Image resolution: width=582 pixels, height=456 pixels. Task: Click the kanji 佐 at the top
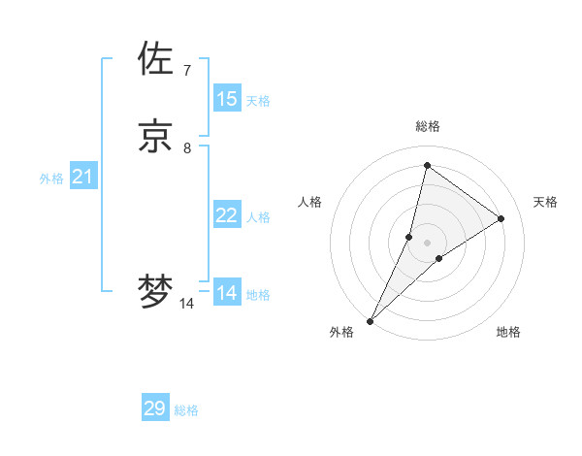click(x=156, y=59)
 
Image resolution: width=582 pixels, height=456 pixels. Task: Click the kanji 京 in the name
click(x=156, y=136)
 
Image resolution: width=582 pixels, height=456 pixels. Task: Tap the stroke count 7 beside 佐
click(x=186, y=71)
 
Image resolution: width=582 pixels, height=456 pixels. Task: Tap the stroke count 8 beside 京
click(x=186, y=148)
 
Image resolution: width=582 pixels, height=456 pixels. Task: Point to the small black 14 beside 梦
click(x=186, y=304)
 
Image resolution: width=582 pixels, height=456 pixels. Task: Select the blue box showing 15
click(x=227, y=99)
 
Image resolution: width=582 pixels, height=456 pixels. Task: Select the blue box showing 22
click(x=227, y=215)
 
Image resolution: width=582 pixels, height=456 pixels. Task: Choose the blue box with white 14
click(x=227, y=293)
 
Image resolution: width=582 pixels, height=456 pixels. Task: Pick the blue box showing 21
click(x=83, y=177)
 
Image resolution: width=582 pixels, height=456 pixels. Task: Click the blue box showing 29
click(x=155, y=408)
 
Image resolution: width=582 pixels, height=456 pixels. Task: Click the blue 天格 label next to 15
click(x=258, y=101)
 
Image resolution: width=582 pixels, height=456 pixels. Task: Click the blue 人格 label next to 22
click(x=258, y=217)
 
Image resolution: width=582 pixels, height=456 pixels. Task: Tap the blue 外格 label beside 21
click(x=51, y=179)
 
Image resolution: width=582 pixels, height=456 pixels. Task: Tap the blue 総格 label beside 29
click(x=186, y=410)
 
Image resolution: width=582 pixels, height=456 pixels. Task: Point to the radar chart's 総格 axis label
click(x=427, y=126)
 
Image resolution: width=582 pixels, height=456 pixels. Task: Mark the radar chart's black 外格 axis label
click(x=341, y=332)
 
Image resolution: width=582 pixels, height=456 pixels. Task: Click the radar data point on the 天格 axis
click(x=501, y=218)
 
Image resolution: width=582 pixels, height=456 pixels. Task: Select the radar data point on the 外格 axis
click(x=370, y=320)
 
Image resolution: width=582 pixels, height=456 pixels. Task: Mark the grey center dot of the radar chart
click(x=427, y=243)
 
